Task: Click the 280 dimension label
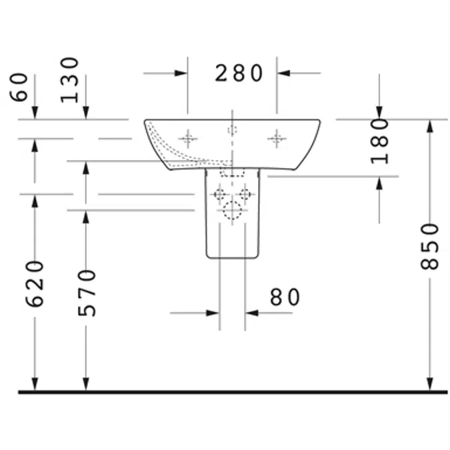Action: pyautogui.click(x=239, y=73)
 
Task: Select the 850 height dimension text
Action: pyautogui.click(x=429, y=247)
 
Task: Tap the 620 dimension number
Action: pyautogui.click(x=35, y=284)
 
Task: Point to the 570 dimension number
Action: pyautogui.click(x=87, y=293)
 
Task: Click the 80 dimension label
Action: pyautogui.click(x=285, y=297)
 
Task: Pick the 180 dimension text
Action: pyautogui.click(x=379, y=141)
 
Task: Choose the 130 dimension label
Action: pyautogui.click(x=69, y=80)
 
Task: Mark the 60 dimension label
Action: pyautogui.click(x=19, y=87)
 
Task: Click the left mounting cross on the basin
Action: pyautogui.click(x=188, y=139)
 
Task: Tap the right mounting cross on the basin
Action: pyautogui.click(x=277, y=139)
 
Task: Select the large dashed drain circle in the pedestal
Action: pyautogui.click(x=232, y=211)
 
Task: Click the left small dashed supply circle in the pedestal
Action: pyautogui.click(x=219, y=194)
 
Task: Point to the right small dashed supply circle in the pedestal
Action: pyautogui.click(x=245, y=194)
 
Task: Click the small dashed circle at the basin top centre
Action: pyautogui.click(x=232, y=130)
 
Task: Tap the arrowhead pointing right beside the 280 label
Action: pyautogui.click(x=181, y=73)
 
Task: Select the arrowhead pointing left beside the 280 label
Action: pyautogui.click(x=283, y=73)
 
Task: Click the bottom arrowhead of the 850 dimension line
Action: pyautogui.click(x=429, y=384)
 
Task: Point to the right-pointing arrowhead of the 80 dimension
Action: pyautogui.click(x=213, y=313)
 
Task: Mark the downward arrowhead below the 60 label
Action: pyautogui.click(x=35, y=112)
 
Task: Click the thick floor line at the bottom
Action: pyautogui.click(x=233, y=392)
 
